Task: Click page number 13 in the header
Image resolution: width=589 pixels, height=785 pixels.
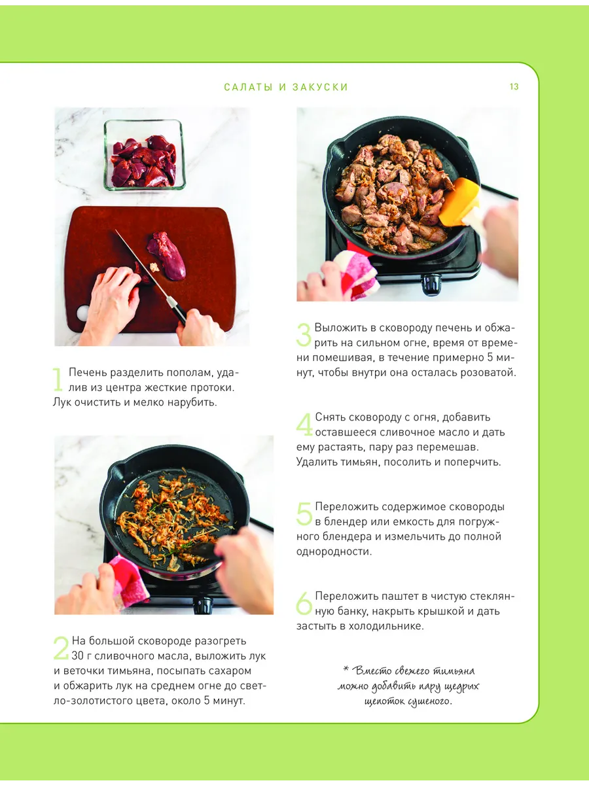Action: point(514,86)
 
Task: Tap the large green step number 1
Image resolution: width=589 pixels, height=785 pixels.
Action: point(58,379)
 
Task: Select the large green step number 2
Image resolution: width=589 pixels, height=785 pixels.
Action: point(61,648)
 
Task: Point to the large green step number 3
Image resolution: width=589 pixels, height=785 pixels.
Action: point(304,335)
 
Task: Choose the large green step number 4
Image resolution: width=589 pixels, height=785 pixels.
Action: point(305,424)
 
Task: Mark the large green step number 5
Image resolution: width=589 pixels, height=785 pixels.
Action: point(304,514)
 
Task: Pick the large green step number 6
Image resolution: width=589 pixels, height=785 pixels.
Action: point(304,603)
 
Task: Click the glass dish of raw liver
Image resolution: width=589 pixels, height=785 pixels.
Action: point(144,154)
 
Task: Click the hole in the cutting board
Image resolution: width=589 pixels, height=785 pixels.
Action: point(83,313)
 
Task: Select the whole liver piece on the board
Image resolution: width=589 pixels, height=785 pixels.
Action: point(167,255)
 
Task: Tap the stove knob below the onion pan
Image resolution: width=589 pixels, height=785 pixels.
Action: point(202,605)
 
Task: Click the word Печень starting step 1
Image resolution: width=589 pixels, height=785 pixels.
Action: point(88,373)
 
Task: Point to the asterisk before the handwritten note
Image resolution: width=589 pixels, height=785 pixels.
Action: point(346,668)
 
